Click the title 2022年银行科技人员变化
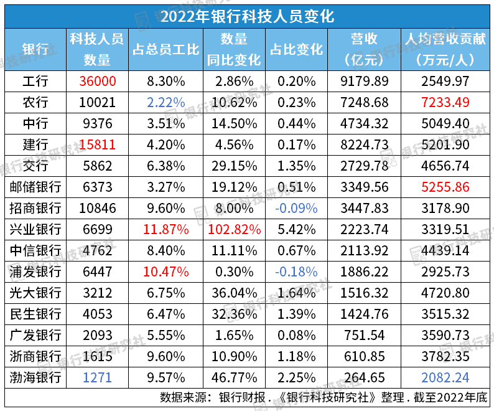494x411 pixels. pos(247,14)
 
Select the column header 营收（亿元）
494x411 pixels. pos(364,49)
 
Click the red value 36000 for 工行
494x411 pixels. pos(98,81)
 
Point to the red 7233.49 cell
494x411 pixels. pos(444,102)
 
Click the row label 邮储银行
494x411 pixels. pos(35,187)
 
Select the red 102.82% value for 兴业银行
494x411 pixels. pos(234,229)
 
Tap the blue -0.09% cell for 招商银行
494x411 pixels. pos(297,208)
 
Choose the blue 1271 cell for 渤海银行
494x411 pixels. pos(98,377)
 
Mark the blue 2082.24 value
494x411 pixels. pos(444,377)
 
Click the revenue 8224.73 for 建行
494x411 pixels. pos(364,144)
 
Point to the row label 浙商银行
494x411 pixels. pos(35,356)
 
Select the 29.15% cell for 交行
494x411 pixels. pos(234,166)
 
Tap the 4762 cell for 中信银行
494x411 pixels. pos(98,250)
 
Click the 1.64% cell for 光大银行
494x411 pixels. pos(297,293)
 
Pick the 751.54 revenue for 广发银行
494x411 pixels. pos(364,335)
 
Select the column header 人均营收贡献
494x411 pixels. pos(444,39)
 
